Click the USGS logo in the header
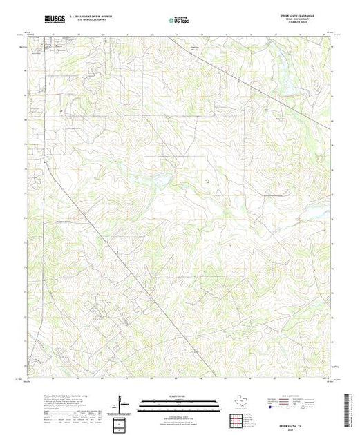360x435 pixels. click(x=53, y=18)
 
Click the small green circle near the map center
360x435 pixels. click(x=207, y=180)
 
